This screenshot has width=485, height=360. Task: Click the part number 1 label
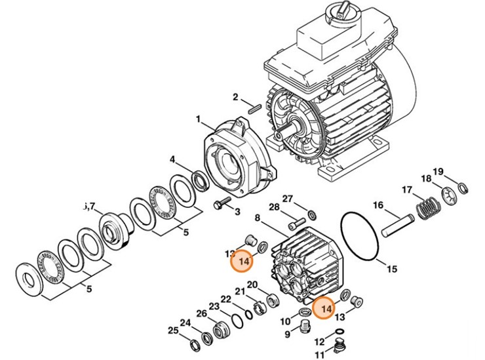[x=197, y=119]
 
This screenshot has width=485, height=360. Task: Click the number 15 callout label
[x=391, y=268]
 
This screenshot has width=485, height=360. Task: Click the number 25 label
[x=172, y=330]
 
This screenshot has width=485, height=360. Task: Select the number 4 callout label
[x=172, y=159]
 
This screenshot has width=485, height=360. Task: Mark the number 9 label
[x=286, y=334]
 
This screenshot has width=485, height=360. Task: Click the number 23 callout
[x=214, y=306]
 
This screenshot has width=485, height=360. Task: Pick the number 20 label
[x=252, y=286]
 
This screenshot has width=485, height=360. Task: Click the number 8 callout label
[x=258, y=218]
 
